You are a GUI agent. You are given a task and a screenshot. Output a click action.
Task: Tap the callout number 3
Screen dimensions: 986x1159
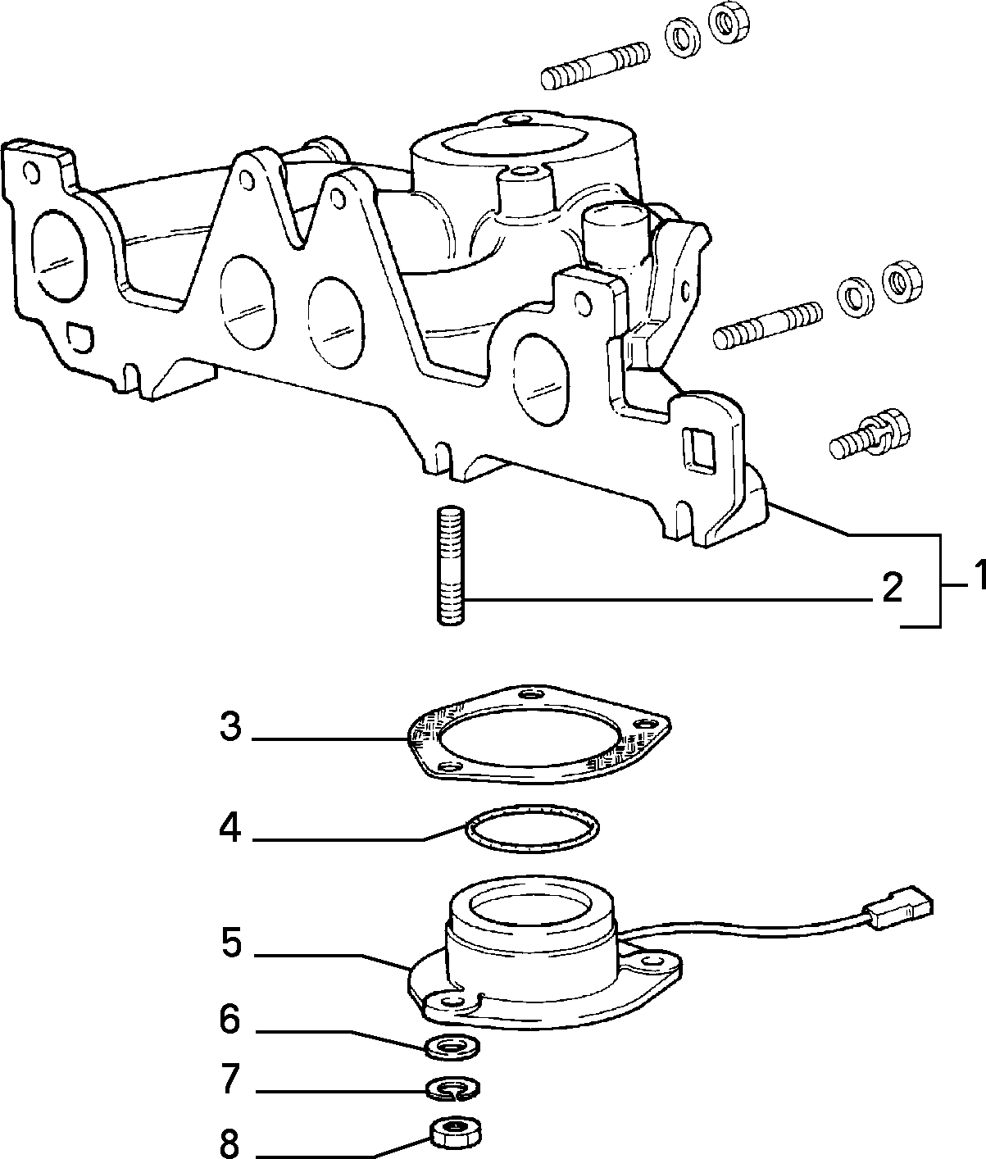(x=229, y=726)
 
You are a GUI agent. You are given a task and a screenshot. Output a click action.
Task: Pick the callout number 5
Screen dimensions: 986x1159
(x=230, y=943)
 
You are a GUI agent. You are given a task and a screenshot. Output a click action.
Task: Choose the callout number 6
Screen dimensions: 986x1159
(x=229, y=1019)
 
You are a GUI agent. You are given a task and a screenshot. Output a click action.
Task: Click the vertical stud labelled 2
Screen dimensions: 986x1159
(x=450, y=566)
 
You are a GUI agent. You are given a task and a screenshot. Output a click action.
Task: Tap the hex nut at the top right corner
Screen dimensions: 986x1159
(x=729, y=24)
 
